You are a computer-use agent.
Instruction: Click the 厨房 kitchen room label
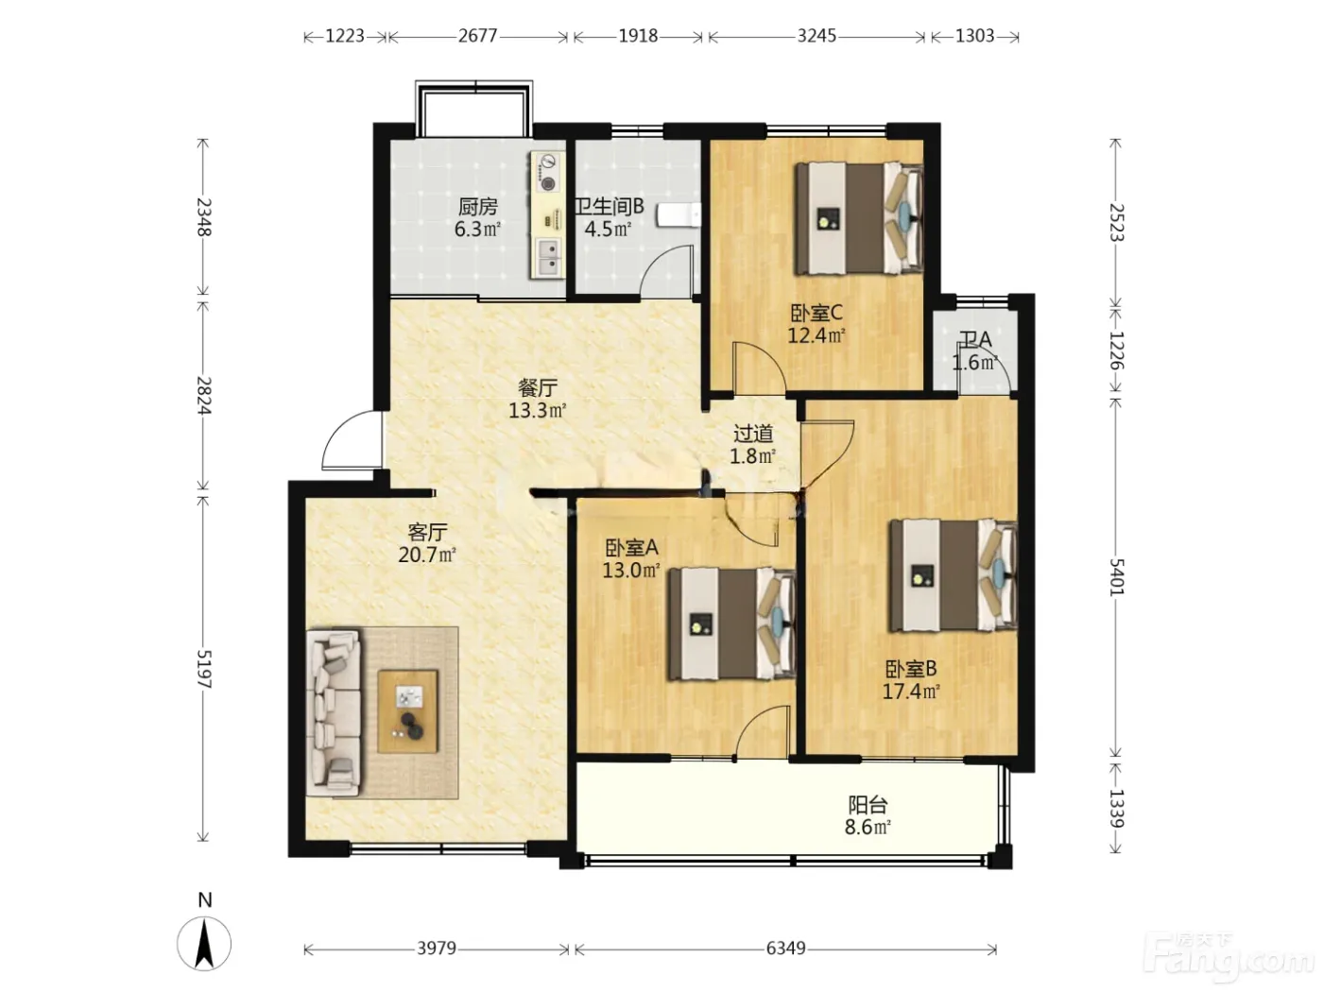click(x=477, y=207)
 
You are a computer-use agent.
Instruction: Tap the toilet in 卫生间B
click(x=679, y=214)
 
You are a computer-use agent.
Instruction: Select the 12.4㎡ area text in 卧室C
click(x=816, y=334)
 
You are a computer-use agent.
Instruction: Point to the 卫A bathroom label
click(x=974, y=339)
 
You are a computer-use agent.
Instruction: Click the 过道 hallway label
click(x=753, y=433)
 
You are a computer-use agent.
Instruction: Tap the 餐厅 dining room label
click(x=538, y=386)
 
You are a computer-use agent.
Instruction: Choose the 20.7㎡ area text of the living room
click(x=427, y=555)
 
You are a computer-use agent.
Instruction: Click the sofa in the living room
click(x=334, y=712)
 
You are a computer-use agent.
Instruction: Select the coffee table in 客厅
click(x=407, y=711)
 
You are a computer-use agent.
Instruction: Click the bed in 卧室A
click(x=731, y=624)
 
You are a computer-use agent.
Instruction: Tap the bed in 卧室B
click(x=953, y=575)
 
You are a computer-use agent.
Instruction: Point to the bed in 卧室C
click(x=859, y=218)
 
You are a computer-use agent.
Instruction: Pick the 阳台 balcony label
click(x=868, y=805)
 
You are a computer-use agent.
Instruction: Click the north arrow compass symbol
click(x=204, y=944)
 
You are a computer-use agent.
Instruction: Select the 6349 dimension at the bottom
click(x=785, y=949)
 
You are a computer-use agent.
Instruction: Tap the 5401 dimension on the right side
click(x=1117, y=577)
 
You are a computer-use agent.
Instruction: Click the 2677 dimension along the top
click(x=477, y=36)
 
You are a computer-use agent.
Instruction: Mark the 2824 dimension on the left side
click(x=203, y=396)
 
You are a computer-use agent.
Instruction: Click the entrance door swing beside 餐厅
click(x=352, y=439)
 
